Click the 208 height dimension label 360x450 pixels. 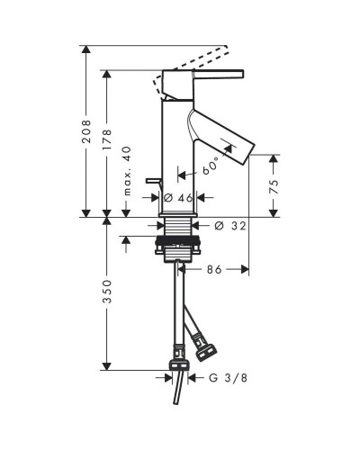click(x=86, y=131)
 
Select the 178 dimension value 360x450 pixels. click(x=107, y=139)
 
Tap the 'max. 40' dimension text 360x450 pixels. click(x=127, y=171)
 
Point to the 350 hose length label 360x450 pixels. click(x=107, y=292)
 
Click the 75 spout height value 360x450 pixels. click(x=274, y=186)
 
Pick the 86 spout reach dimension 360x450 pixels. click(x=214, y=269)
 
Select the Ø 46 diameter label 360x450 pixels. click(x=178, y=198)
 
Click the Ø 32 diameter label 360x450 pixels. click(x=230, y=226)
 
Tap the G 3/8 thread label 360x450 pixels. click(x=228, y=378)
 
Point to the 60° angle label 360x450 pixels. click(x=210, y=166)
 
